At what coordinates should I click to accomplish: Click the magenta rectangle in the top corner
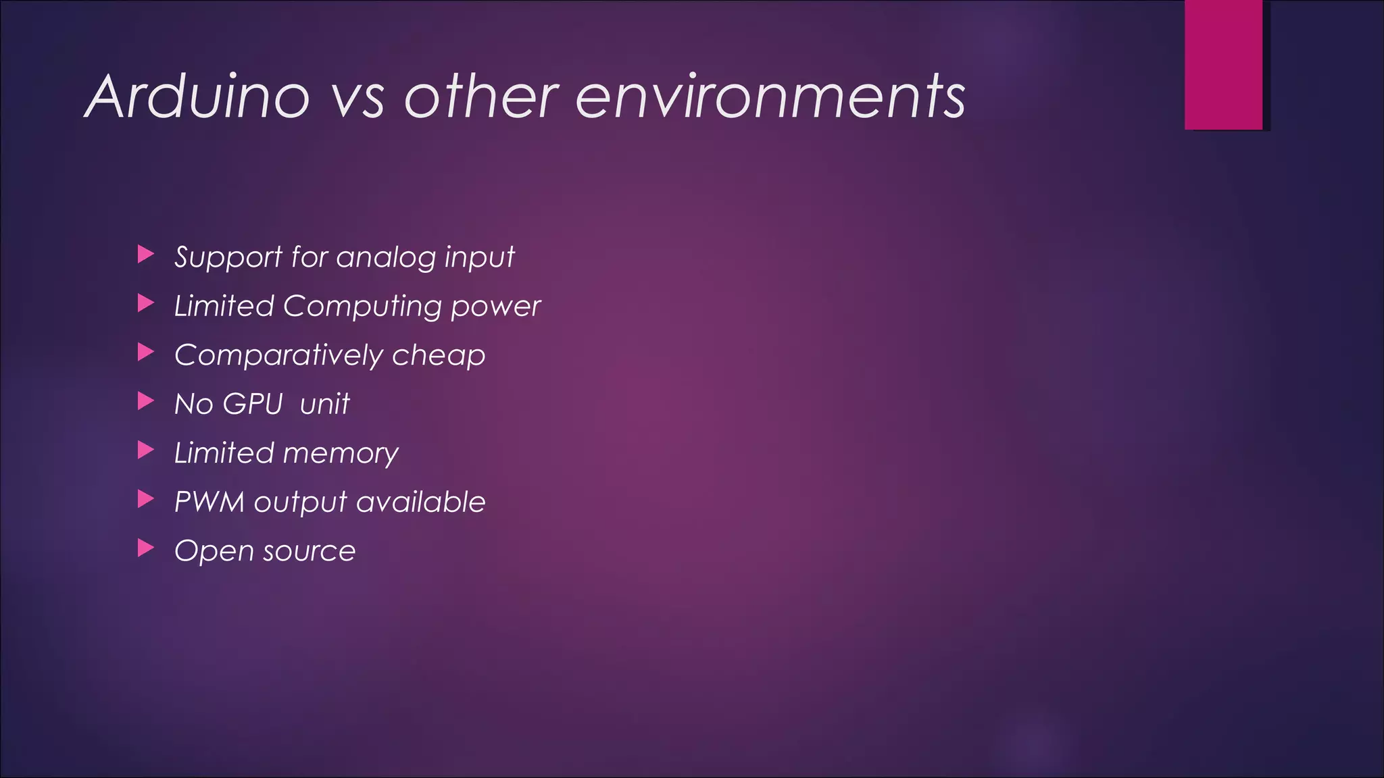pyautogui.click(x=1223, y=64)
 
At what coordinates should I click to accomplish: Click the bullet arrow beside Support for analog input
pyautogui.click(x=145, y=255)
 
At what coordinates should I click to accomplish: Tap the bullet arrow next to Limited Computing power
pyautogui.click(x=145, y=303)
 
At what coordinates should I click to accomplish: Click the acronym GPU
pyautogui.click(x=253, y=404)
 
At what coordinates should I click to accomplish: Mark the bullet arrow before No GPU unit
pyautogui.click(x=145, y=401)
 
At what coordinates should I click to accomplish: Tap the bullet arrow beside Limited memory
pyautogui.click(x=145, y=450)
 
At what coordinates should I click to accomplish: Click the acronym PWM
pyautogui.click(x=209, y=502)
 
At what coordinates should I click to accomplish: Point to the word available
pyautogui.click(x=420, y=502)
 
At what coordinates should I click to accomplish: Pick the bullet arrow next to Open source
pyautogui.click(x=145, y=548)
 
